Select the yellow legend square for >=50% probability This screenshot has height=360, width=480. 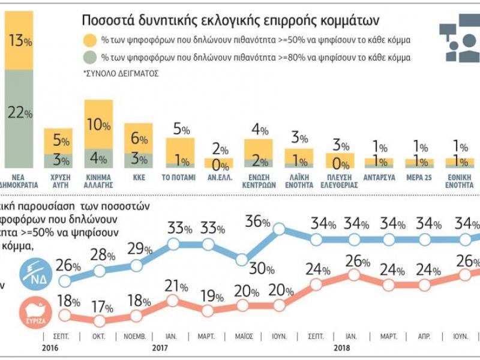(91, 41)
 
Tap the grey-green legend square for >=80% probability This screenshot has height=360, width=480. (91, 58)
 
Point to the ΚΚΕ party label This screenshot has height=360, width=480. (139, 178)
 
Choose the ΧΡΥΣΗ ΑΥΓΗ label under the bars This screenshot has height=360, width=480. (58, 181)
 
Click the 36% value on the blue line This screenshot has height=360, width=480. (257, 221)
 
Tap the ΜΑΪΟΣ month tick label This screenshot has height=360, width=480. (243, 337)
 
